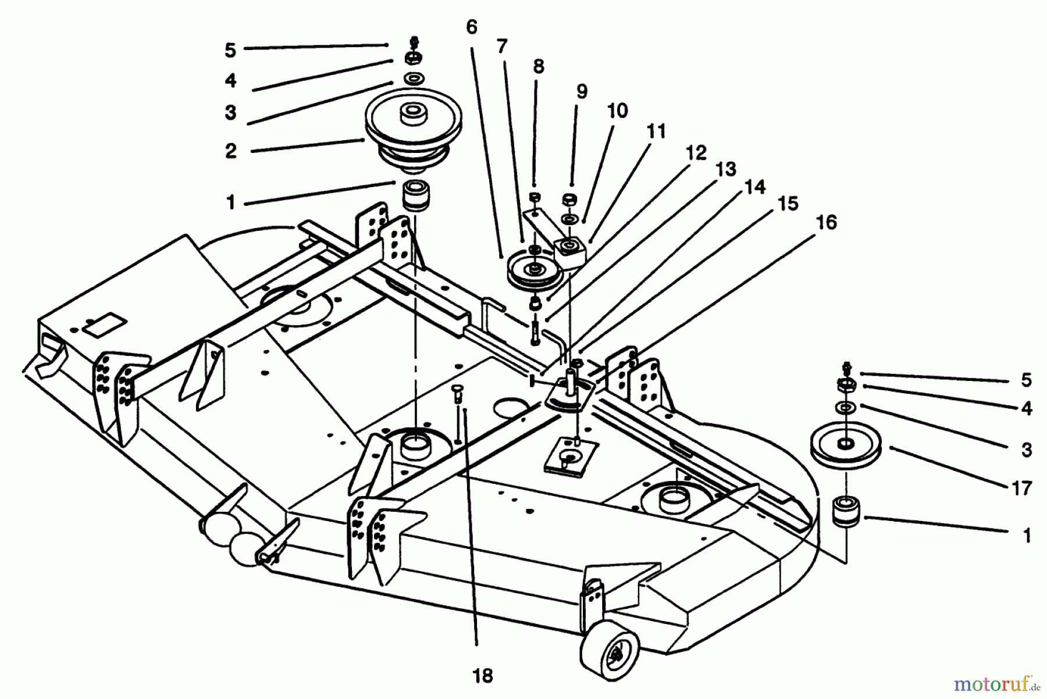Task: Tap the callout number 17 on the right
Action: [x=1021, y=488]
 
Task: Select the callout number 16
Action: [x=826, y=222]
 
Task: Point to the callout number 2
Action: [x=231, y=151]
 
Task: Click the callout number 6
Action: [x=471, y=27]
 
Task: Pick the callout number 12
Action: [x=696, y=152]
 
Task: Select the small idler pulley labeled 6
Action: [x=533, y=270]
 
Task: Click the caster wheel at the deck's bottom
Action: [x=608, y=654]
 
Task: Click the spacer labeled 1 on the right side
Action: [x=846, y=511]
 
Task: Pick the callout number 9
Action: [x=582, y=91]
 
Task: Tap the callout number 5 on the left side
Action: [x=230, y=50]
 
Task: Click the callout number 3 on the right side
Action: [x=1027, y=450]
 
